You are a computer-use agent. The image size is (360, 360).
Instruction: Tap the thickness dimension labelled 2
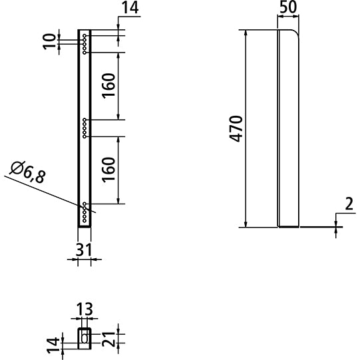347,205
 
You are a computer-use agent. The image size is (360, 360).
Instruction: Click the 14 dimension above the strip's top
132,9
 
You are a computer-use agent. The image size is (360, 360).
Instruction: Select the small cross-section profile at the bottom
84,336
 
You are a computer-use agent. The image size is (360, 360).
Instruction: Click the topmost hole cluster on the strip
85,43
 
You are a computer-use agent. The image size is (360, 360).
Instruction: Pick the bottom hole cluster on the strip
85,212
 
